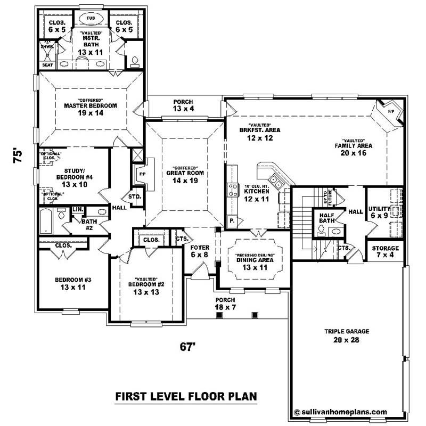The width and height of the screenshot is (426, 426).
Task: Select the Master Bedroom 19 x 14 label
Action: [90, 109]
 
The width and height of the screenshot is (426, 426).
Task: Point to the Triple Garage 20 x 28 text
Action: [347, 335]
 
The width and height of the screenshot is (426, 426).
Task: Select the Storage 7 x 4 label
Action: [384, 252]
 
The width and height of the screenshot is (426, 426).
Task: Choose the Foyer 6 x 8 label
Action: [200, 251]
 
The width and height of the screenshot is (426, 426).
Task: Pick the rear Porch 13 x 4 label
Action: [183, 105]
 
